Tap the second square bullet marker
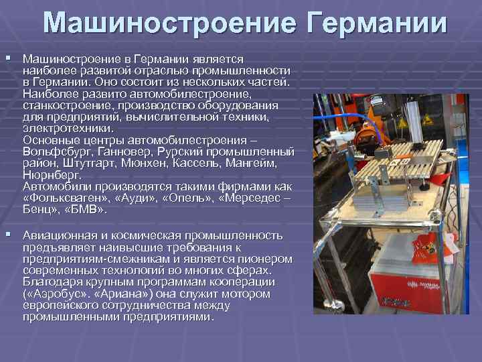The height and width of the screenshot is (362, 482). click(x=8, y=235)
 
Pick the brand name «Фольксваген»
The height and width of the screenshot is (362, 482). click(x=63, y=198)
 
